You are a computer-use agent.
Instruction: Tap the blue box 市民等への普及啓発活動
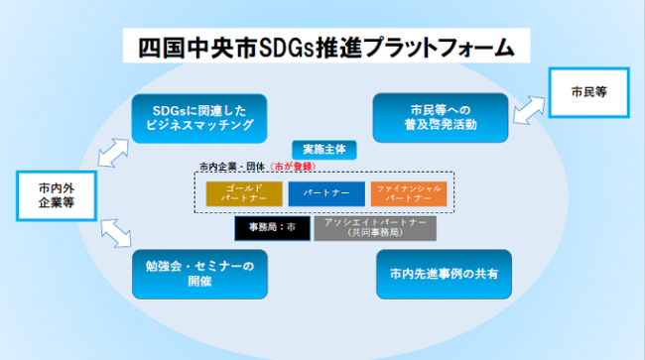tap(441, 116)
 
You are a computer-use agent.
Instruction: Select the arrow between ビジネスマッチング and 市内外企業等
tap(110, 150)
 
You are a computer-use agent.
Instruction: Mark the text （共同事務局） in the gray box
tap(375, 235)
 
